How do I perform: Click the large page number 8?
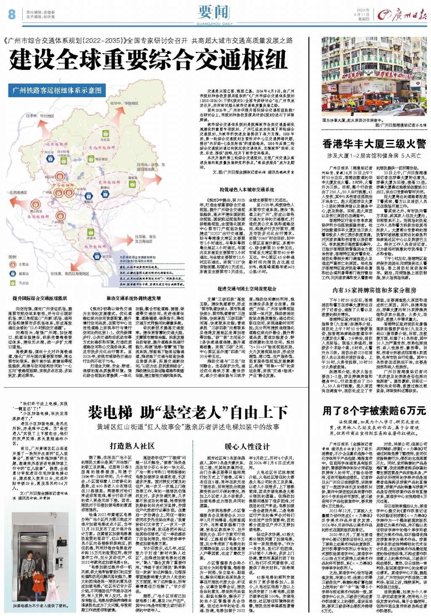pos(12,14)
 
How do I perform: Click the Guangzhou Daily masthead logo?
pos(402,15)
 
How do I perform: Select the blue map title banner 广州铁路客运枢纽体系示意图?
pos(57,90)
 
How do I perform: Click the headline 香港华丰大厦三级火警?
pos(374,144)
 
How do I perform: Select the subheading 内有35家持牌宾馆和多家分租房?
pos(374,290)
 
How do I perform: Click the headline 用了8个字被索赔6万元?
pos(374,411)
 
